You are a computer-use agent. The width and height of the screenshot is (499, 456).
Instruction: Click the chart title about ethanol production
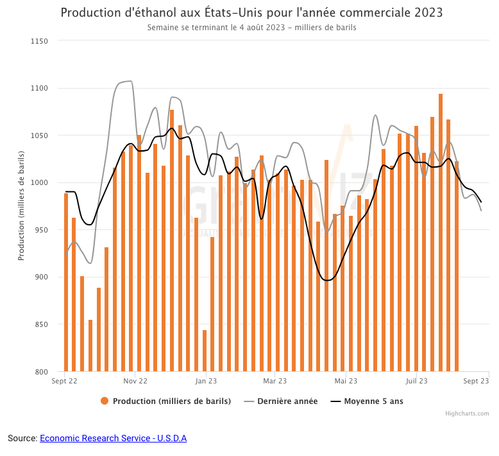click(251, 13)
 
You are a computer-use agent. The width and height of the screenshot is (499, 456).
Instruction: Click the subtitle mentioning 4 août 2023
click(251, 28)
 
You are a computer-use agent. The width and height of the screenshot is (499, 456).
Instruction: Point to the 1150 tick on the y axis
click(40, 41)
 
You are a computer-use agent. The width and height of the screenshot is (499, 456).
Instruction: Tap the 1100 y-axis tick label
click(40, 88)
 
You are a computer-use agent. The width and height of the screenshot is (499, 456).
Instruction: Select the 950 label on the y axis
click(42, 230)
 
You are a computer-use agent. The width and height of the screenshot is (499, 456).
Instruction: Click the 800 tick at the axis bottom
click(42, 372)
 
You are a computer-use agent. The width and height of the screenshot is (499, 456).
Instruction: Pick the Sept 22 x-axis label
click(64, 381)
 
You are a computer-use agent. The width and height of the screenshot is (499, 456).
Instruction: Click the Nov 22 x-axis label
click(135, 381)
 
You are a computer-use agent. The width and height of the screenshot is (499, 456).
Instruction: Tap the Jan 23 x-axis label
click(205, 381)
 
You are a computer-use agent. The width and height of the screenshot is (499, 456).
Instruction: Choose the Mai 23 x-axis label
click(346, 381)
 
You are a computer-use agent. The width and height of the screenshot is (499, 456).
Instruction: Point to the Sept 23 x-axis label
click(477, 381)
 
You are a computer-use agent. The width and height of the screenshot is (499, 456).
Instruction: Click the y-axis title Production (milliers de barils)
click(21, 206)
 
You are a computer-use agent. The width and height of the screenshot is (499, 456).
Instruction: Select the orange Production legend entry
click(165, 401)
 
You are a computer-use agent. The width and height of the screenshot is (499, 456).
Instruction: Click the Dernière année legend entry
click(281, 401)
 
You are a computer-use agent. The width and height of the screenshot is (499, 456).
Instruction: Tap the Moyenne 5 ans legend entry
click(367, 401)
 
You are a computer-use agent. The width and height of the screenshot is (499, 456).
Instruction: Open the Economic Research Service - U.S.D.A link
click(113, 438)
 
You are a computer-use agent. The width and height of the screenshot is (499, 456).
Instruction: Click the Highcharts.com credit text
click(467, 414)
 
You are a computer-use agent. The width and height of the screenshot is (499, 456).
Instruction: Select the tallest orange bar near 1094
click(441, 231)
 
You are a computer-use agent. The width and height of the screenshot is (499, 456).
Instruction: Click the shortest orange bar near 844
click(205, 351)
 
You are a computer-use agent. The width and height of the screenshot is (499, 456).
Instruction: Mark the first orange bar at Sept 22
click(66, 283)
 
